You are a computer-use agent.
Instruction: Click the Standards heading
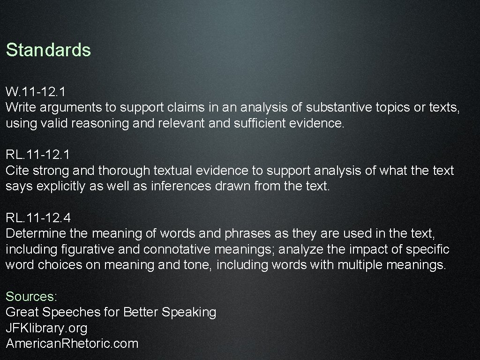(x=48, y=50)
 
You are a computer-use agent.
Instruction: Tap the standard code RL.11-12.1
(x=38, y=154)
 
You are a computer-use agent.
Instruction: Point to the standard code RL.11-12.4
(x=38, y=217)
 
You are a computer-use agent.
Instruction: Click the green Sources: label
(x=31, y=297)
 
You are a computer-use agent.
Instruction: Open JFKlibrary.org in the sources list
(x=46, y=328)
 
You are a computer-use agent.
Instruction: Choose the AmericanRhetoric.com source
(x=72, y=344)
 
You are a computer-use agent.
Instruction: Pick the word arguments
(x=71, y=107)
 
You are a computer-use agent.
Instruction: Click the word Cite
(x=18, y=170)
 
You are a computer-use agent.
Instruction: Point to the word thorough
(x=124, y=170)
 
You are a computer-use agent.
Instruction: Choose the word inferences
(x=176, y=186)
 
